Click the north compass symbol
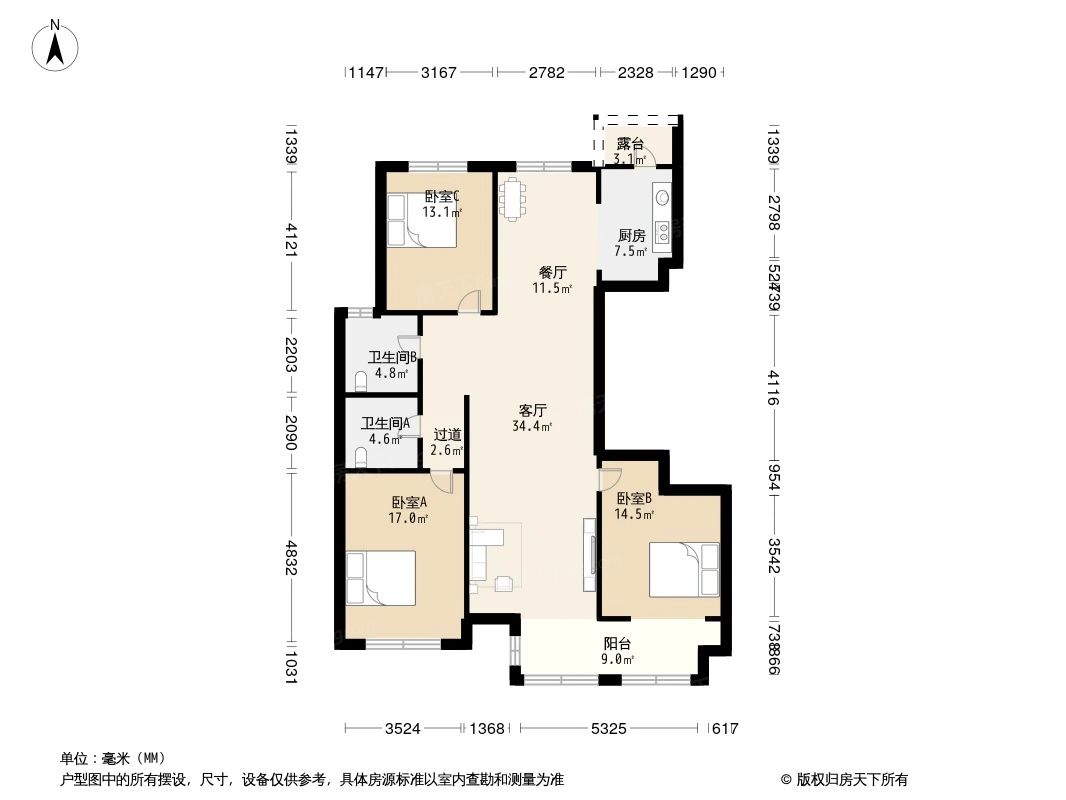coord(57,45)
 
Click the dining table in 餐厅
coord(513,197)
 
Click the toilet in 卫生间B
coord(361,381)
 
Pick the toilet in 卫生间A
coord(361,458)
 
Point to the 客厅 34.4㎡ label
coord(533,417)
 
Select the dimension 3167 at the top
coord(439,72)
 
